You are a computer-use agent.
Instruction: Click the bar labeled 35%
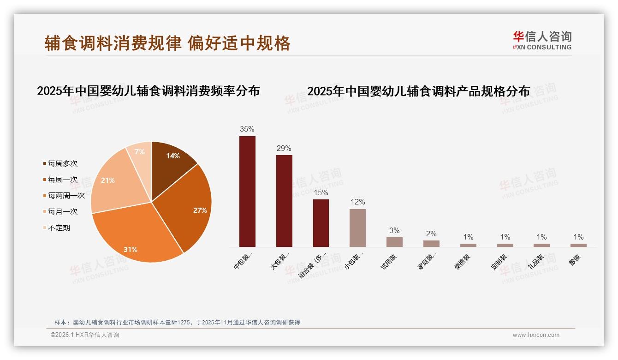click(247, 191)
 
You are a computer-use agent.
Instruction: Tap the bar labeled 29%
click(284, 201)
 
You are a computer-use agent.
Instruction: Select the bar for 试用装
click(394, 242)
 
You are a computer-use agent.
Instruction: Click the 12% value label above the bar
click(357, 202)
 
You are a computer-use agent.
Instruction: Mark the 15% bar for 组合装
click(321, 223)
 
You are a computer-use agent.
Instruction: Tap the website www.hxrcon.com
click(536, 335)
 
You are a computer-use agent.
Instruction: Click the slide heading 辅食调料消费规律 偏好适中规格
click(167, 43)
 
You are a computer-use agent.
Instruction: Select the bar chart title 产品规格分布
click(419, 91)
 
